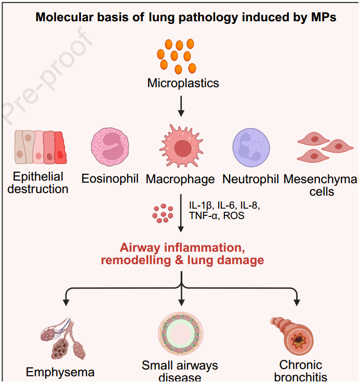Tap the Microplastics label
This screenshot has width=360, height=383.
183,83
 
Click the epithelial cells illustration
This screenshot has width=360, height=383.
39,146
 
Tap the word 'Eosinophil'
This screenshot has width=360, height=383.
110,179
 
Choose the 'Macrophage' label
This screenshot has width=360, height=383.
180,180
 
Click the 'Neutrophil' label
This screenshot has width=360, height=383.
251,180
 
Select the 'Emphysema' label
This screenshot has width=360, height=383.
60,372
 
